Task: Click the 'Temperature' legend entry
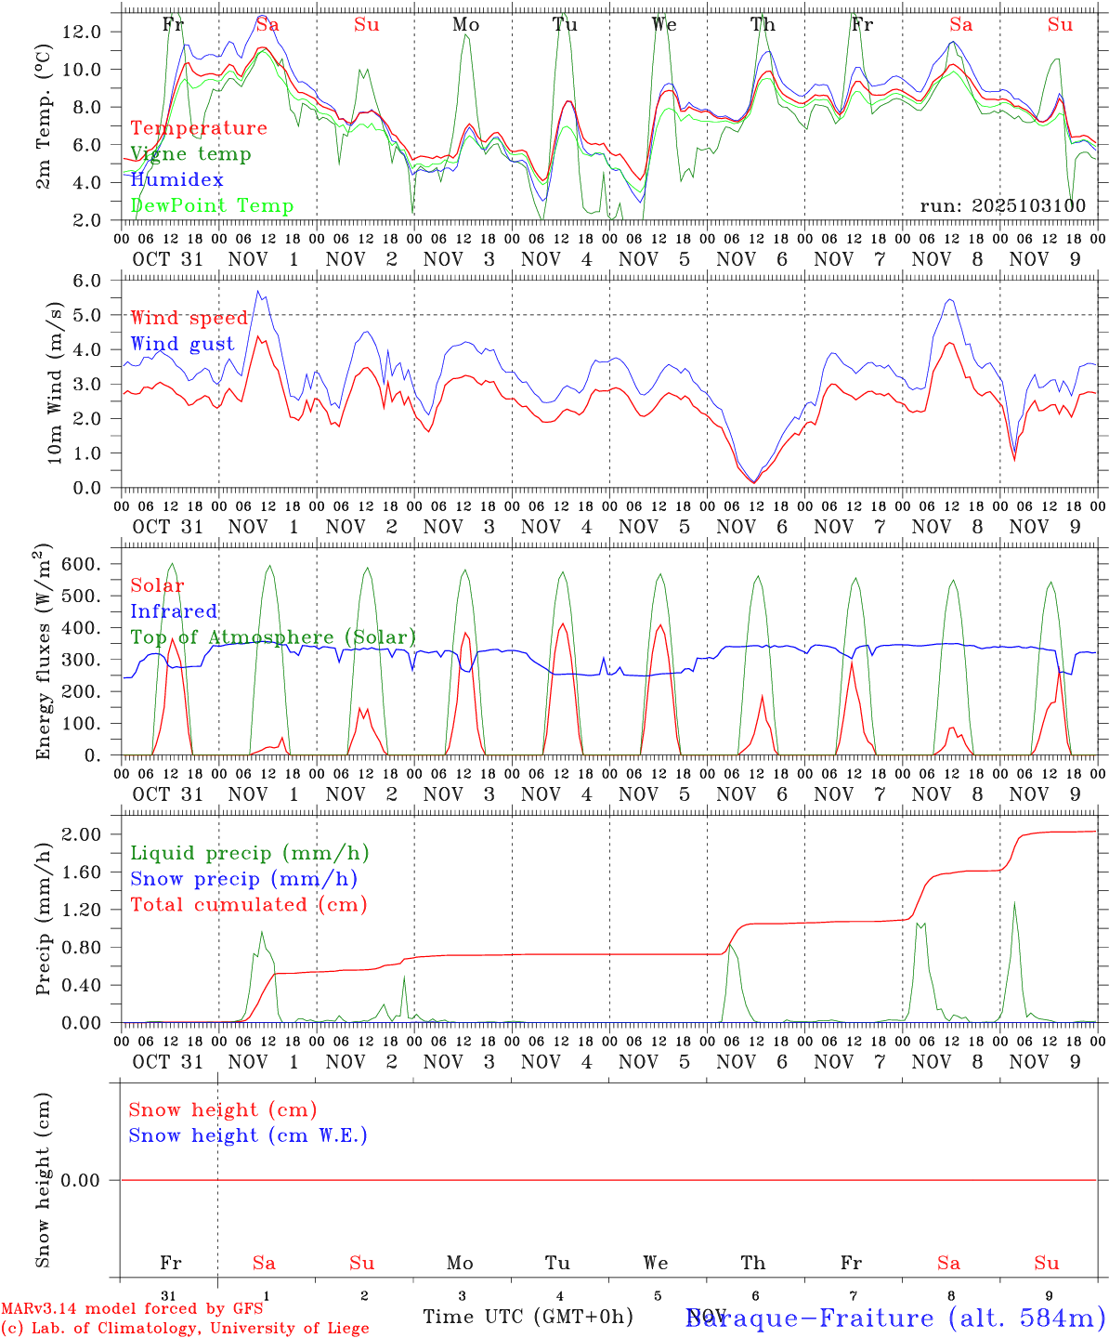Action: [199, 128]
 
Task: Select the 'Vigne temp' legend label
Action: [190, 154]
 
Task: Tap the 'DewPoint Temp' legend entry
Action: [212, 206]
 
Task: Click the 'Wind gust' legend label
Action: [182, 344]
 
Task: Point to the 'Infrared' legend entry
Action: [174, 611]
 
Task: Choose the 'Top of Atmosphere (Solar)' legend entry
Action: [273, 637]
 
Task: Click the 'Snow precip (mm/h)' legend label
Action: [244, 879]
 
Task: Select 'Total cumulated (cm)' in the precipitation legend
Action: [249, 905]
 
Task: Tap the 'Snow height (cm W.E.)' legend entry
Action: [248, 1135]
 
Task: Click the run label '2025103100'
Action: [1003, 206]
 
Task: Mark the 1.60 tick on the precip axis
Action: [83, 872]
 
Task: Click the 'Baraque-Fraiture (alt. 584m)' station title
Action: [895, 1318]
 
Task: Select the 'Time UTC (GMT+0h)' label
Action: [528, 1317]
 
